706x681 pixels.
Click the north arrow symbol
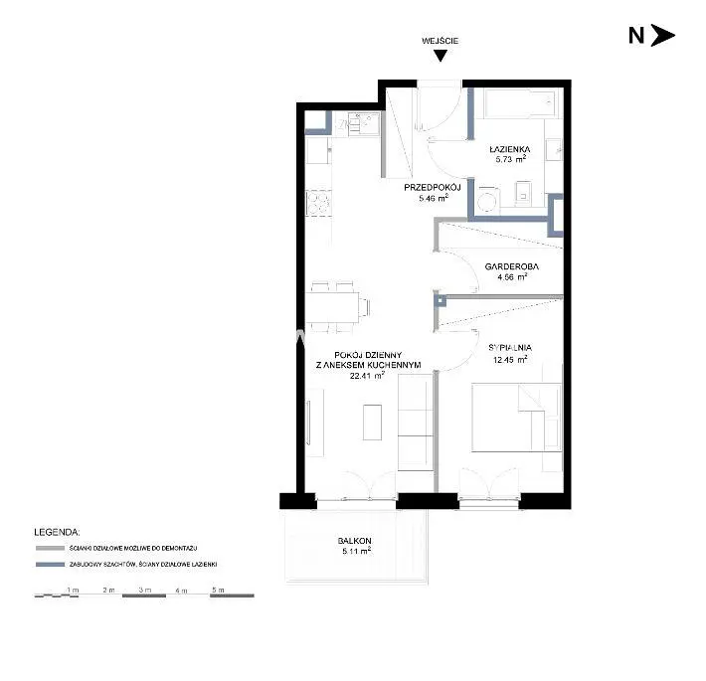[663, 36]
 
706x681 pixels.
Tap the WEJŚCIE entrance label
[440, 41]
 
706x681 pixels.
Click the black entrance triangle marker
[441, 56]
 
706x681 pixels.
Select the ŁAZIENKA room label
[510, 149]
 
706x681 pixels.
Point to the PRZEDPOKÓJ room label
[433, 187]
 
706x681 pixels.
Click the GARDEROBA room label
[511, 266]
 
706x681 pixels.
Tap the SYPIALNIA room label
[510, 348]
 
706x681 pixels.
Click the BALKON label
[355, 541]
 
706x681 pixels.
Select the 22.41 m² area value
[367, 376]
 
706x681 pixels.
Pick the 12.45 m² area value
[510, 359]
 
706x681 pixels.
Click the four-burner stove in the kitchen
[319, 203]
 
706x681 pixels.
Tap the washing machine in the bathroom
[487, 200]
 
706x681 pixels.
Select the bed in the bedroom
[516, 418]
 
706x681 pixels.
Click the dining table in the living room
[332, 307]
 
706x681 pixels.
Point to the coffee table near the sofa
[372, 423]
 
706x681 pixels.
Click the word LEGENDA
[58, 532]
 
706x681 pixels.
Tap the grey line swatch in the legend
[51, 548]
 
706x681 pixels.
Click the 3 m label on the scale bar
[145, 590]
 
